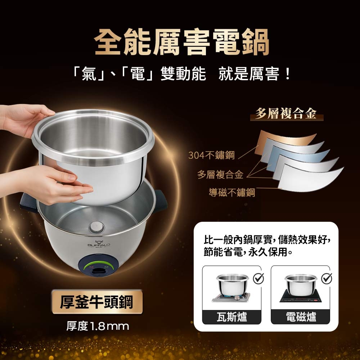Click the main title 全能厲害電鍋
point(181,42)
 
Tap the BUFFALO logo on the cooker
point(99,244)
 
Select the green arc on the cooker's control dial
point(99,264)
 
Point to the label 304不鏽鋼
point(211,155)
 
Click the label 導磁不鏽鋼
point(232,192)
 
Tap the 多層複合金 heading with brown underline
point(286,114)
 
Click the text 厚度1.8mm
point(98,326)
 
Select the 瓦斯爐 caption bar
point(231,317)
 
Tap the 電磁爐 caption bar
point(301,317)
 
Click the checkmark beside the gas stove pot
point(259,278)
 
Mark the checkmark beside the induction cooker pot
point(327,278)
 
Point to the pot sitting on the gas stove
point(232,284)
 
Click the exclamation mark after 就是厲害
point(287,74)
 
